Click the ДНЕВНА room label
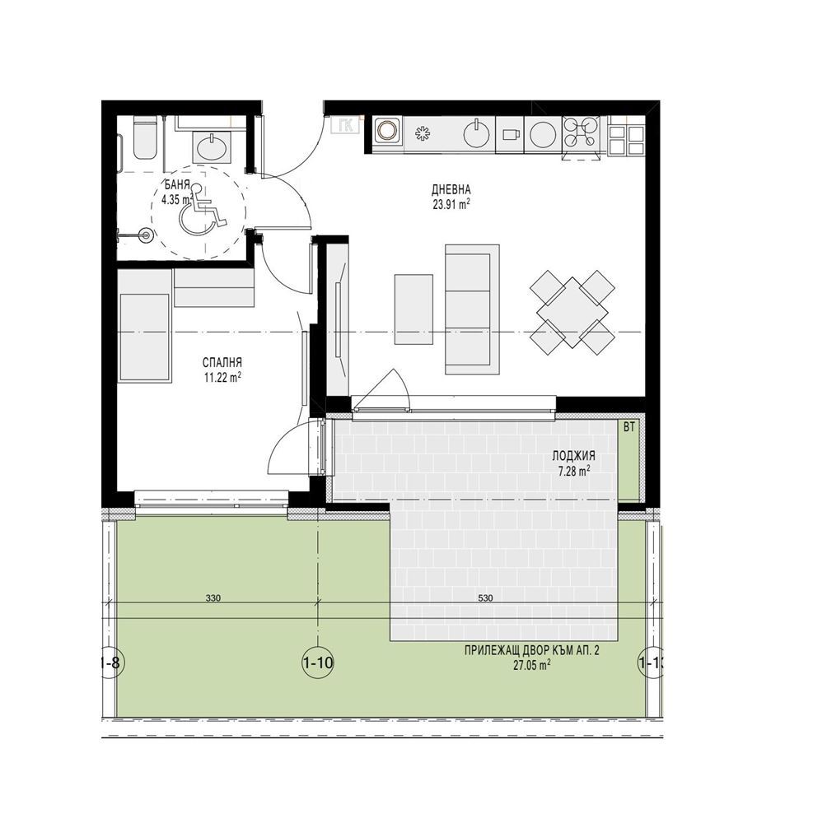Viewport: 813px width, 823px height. tap(451, 189)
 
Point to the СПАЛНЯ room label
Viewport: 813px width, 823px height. tap(222, 362)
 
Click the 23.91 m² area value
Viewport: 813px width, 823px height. tap(451, 205)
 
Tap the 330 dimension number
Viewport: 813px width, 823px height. tap(213, 597)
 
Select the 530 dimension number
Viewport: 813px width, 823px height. tap(486, 597)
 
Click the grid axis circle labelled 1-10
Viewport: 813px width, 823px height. tap(318, 663)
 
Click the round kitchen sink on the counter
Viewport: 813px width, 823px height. tap(477, 134)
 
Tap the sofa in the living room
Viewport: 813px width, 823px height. tap(472, 309)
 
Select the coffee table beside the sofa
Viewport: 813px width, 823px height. tap(414, 309)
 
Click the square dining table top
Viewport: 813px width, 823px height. tap(572, 312)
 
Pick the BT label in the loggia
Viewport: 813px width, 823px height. tap(628, 428)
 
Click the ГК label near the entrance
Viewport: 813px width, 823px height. tap(346, 125)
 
